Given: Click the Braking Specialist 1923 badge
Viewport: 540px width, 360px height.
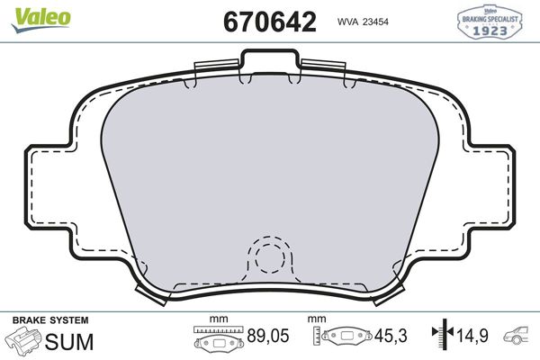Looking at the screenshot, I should tap(492, 21).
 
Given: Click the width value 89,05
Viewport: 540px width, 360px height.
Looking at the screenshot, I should tap(268, 337).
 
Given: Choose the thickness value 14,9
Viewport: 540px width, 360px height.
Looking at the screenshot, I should tap(472, 337).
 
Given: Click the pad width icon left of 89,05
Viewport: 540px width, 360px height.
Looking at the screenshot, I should tap(219, 339).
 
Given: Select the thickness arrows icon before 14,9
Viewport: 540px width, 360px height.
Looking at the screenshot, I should tap(441, 337).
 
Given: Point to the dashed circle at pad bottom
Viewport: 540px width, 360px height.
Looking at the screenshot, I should tap(269, 257).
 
